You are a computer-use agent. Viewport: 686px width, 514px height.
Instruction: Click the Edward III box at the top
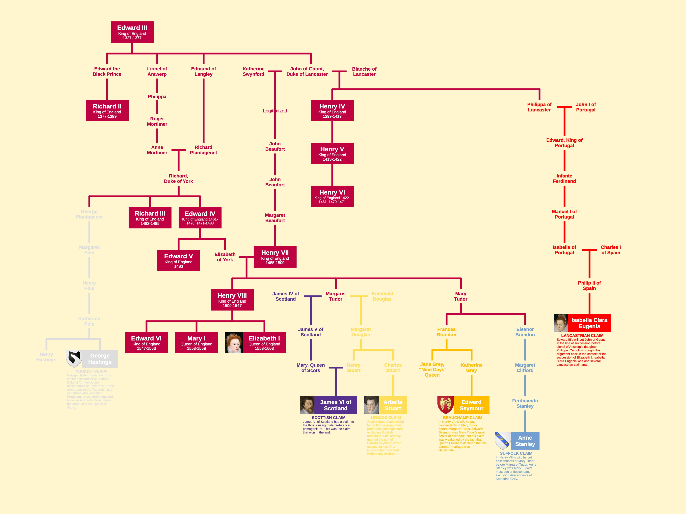click(x=132, y=32)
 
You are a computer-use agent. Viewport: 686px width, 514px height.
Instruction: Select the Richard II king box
click(x=107, y=111)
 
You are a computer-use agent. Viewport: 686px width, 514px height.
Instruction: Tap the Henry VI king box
click(x=332, y=197)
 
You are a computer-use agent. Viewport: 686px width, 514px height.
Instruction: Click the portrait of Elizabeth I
click(x=234, y=343)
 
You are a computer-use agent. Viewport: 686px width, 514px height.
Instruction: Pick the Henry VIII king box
click(x=232, y=300)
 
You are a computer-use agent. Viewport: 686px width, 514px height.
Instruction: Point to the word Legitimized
click(x=275, y=111)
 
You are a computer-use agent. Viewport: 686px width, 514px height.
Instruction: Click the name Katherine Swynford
click(x=253, y=72)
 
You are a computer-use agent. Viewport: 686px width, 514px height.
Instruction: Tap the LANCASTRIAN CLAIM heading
click(x=582, y=336)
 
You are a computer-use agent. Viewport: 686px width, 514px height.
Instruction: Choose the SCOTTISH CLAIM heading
click(x=329, y=418)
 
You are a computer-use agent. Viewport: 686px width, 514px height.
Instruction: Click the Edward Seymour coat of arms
click(x=446, y=405)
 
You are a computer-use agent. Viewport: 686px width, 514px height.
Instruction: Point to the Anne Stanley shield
click(x=502, y=441)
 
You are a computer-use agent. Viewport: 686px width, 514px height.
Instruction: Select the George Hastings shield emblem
click(x=74, y=359)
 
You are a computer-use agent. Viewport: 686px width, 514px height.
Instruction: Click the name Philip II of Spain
click(x=589, y=286)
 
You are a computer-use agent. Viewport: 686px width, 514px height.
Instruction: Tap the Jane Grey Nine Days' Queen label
click(x=432, y=370)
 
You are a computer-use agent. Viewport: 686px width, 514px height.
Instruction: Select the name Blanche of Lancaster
click(x=364, y=72)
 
